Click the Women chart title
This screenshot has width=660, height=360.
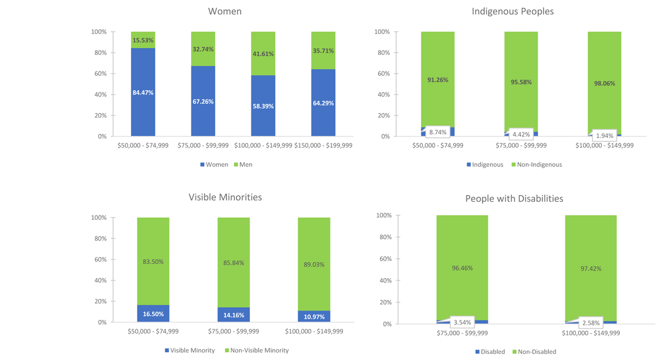(x=224, y=12)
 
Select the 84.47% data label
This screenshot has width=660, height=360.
(x=143, y=93)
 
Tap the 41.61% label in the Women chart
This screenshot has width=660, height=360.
(x=263, y=54)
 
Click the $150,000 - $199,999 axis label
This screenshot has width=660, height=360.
(x=323, y=146)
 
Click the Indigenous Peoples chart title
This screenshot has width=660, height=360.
(x=513, y=12)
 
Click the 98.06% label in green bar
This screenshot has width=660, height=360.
(x=604, y=84)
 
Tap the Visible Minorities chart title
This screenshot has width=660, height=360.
(x=225, y=197)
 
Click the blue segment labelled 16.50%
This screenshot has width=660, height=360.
(x=153, y=314)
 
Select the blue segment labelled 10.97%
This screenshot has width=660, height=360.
(x=314, y=317)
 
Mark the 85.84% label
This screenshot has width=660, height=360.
(x=233, y=263)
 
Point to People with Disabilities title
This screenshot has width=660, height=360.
(x=514, y=198)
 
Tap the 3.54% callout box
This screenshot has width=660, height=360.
(x=462, y=322)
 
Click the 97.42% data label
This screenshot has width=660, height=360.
(x=591, y=269)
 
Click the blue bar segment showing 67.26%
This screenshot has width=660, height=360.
(x=203, y=101)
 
